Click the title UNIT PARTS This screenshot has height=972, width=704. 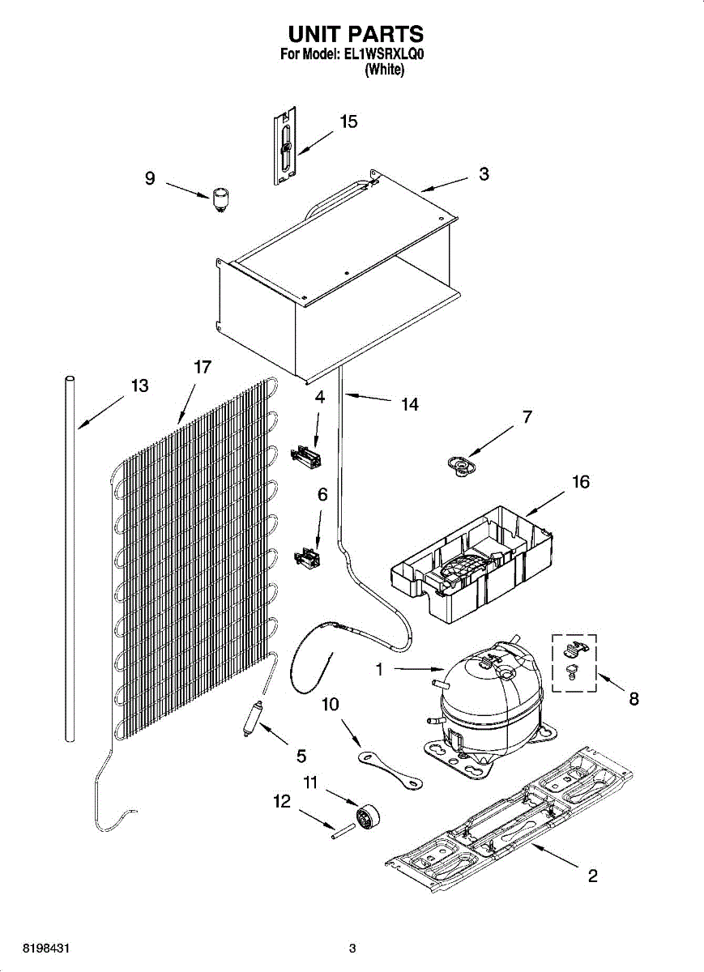(x=356, y=34)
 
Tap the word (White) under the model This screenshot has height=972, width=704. (x=384, y=70)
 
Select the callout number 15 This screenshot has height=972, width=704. (x=348, y=122)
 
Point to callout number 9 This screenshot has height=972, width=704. (x=150, y=178)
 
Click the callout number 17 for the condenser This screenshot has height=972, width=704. (x=203, y=367)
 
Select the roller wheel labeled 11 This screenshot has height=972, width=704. (x=369, y=814)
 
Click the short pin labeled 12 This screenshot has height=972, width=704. (x=344, y=831)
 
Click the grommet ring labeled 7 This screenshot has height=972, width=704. (x=462, y=466)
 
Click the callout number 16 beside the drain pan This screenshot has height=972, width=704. (x=581, y=483)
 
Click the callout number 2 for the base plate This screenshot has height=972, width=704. (x=593, y=876)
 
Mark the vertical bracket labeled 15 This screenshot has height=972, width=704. (x=284, y=147)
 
